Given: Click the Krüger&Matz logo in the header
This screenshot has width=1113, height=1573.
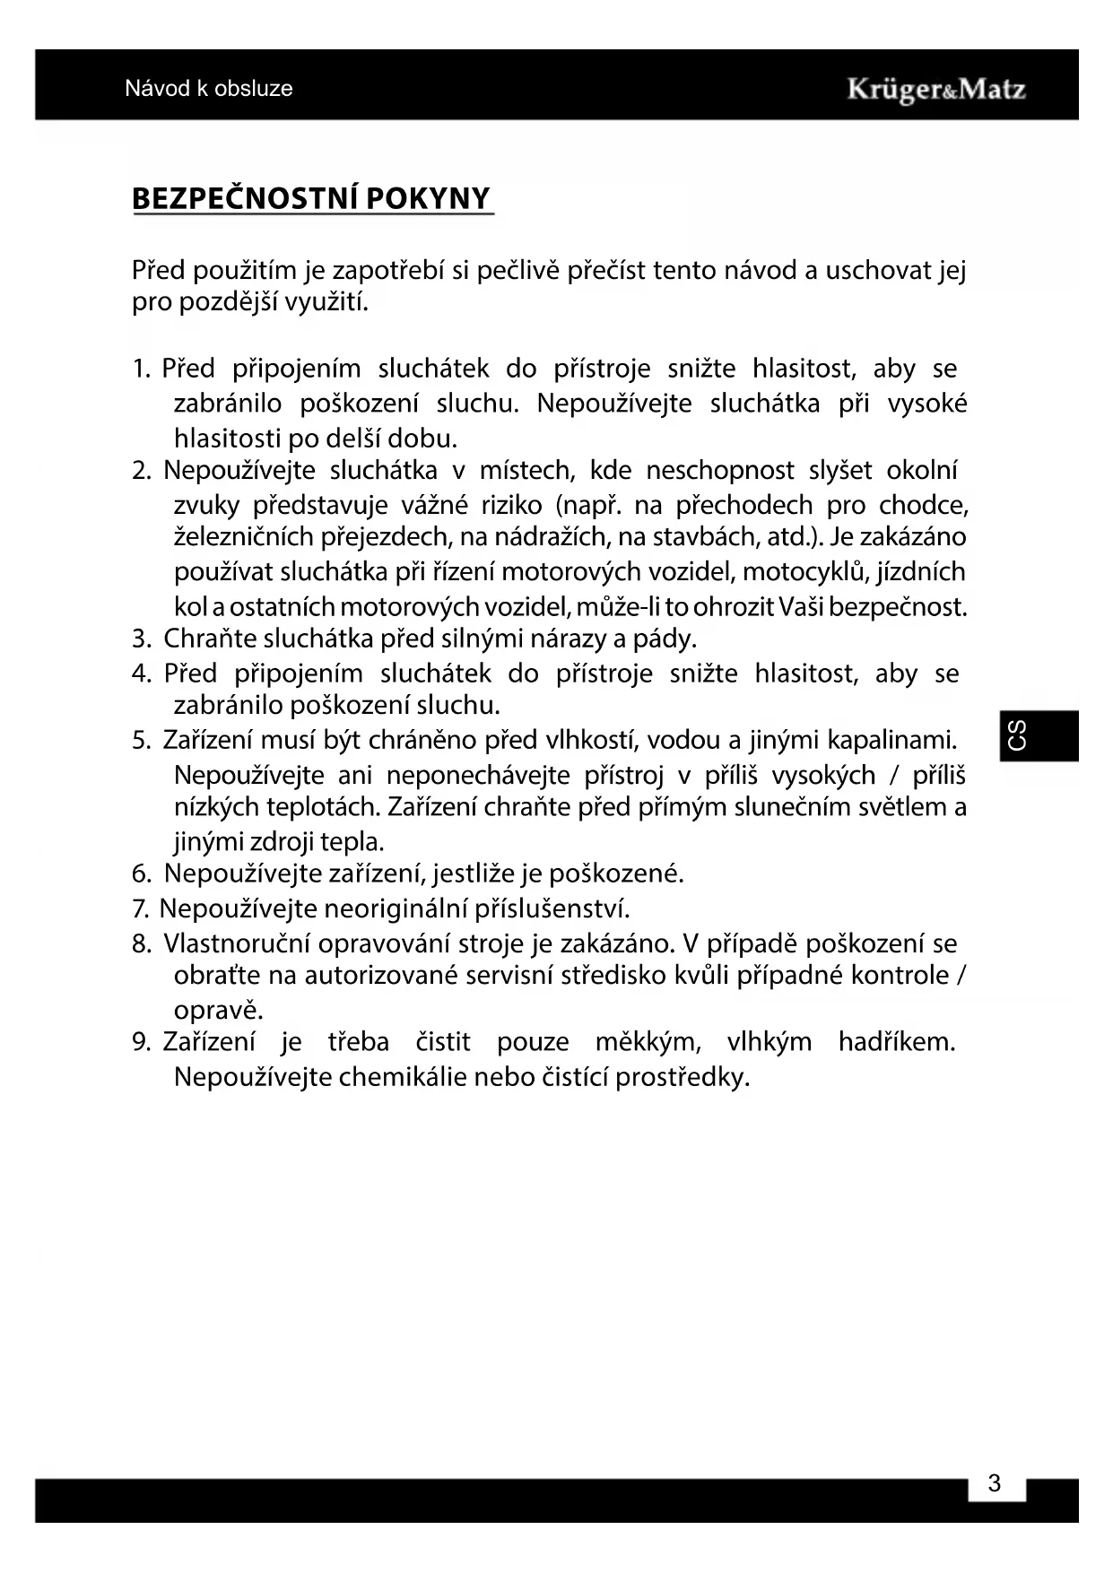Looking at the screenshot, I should [935, 90].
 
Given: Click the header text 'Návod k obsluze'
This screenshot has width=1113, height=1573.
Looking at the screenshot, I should [209, 89].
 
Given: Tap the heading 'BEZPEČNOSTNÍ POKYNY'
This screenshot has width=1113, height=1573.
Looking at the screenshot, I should [311, 198].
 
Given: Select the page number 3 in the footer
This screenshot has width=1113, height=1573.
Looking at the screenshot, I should [994, 1483].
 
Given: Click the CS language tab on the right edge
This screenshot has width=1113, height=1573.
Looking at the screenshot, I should [1018, 735].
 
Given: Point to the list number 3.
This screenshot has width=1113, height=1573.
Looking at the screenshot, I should [140, 639].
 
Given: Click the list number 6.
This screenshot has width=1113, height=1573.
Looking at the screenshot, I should [140, 873].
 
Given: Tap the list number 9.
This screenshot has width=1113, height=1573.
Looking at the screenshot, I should [140, 1042].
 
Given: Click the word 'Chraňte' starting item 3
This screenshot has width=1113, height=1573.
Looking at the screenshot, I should [203, 639].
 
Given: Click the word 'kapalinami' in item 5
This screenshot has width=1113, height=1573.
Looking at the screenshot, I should [891, 741].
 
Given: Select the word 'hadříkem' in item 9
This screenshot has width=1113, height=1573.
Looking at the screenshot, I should [896, 1042].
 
